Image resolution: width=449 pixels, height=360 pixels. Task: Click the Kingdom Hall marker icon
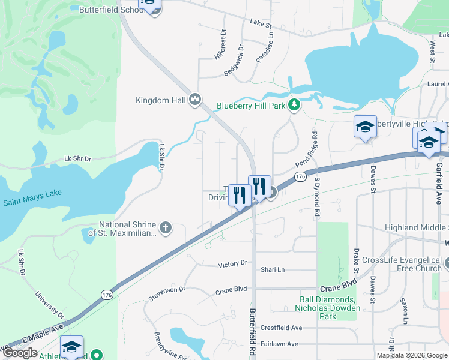tap(194, 100)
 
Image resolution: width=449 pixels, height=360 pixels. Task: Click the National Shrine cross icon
tap(165, 227)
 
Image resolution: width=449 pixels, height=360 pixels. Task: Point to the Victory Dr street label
tap(232, 263)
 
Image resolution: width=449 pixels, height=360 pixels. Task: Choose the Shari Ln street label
tap(272, 269)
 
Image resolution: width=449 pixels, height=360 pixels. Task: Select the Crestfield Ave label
tap(281, 328)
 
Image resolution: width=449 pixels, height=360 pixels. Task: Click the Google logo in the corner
tap(20, 353)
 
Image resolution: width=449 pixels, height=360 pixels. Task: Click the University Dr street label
tap(49, 305)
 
